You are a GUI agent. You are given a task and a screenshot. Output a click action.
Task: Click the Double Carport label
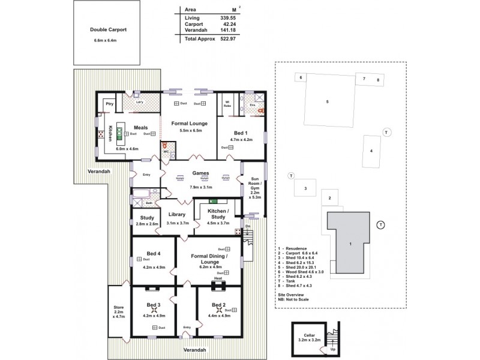[x=109, y=29]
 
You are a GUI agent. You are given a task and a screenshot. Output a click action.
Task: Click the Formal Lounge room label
[x=187, y=123]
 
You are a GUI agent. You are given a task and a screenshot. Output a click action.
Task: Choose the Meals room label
[x=140, y=127]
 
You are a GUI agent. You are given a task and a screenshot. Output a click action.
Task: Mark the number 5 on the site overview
[x=327, y=102]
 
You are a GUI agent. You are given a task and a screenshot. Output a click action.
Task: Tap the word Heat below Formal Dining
[x=218, y=278]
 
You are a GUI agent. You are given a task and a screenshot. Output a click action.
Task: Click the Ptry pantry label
[x=109, y=104]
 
